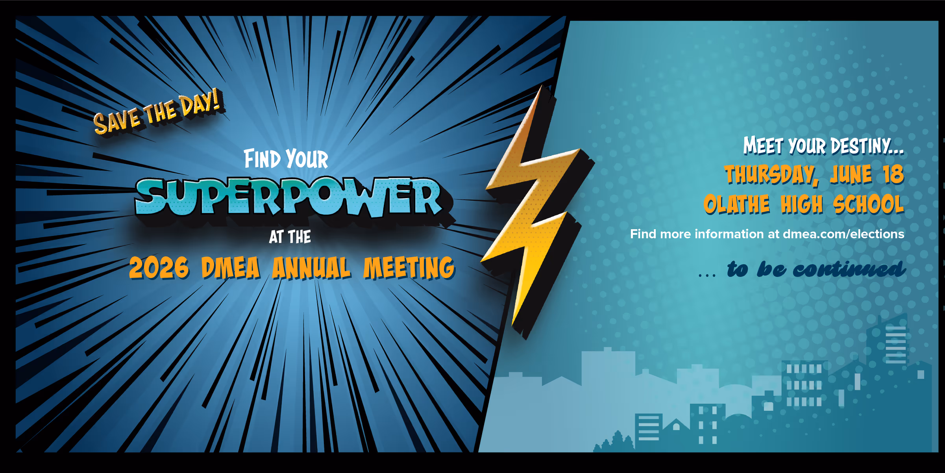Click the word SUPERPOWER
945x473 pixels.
[x=289, y=197]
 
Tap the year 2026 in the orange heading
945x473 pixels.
[x=159, y=268]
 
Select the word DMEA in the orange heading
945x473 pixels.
[x=230, y=268]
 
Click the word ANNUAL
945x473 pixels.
[x=311, y=268]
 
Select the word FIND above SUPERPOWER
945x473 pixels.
[x=262, y=159]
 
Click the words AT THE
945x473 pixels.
[x=290, y=237]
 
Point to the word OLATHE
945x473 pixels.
[x=736, y=204]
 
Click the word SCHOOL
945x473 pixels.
[x=869, y=204]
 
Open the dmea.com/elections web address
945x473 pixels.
[x=843, y=234]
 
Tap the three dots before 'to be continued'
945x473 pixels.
[x=707, y=275]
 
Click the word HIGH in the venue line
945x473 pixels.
[x=802, y=204]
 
